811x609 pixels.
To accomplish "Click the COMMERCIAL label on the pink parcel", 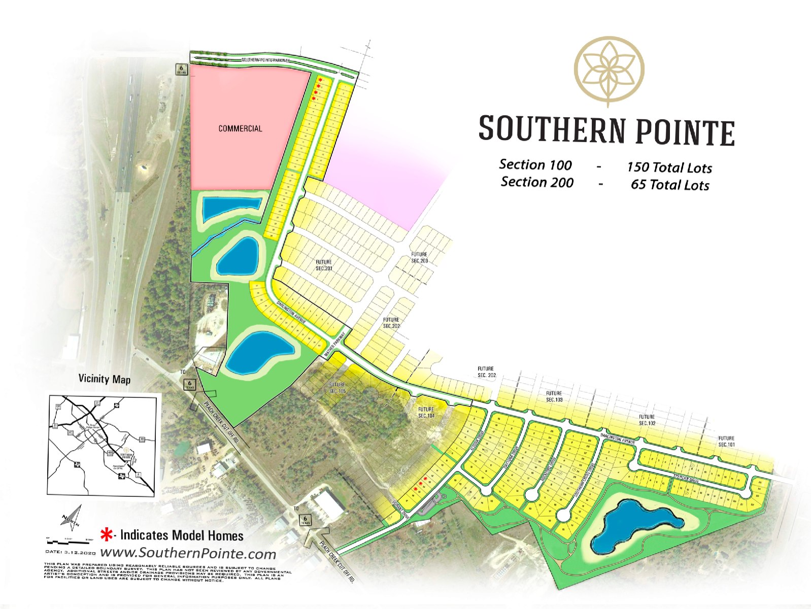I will click(240, 128).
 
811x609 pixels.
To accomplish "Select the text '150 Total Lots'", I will click(669, 167).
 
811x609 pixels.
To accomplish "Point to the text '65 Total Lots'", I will click(669, 185).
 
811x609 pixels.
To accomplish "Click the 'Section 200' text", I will click(537, 182).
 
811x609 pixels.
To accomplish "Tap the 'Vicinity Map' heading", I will click(104, 379).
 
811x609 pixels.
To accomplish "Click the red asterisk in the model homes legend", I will click(107, 534).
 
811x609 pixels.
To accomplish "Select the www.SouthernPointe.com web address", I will click(188, 553).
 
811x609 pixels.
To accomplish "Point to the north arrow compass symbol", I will click(71, 517).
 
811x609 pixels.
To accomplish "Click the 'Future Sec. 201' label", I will click(324, 265).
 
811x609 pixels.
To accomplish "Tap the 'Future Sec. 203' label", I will click(419, 257).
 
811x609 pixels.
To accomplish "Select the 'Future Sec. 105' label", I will click(337, 388).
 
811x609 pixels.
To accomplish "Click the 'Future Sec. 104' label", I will click(426, 412).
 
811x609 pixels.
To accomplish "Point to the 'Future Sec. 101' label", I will click(726, 441).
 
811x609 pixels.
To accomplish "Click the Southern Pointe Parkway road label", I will click(265, 60).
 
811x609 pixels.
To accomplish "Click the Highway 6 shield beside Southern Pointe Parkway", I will click(182, 70).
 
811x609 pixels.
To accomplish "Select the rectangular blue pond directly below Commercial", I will click(231, 208).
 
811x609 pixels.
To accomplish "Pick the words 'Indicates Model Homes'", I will click(182, 535).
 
